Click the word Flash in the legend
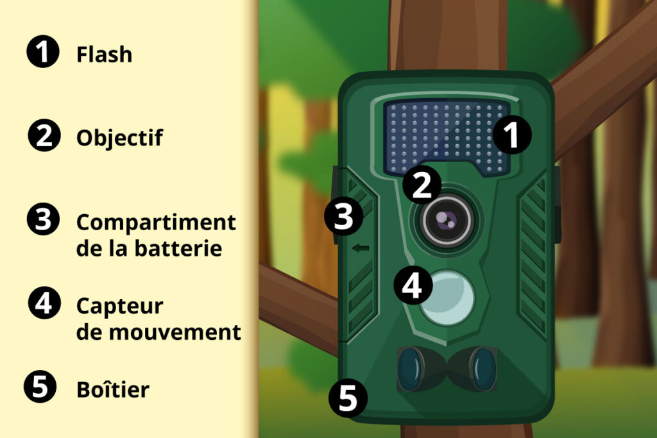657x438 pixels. (x=104, y=55)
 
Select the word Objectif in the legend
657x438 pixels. (x=119, y=138)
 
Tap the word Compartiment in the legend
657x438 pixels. (x=156, y=223)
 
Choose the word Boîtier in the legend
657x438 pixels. (x=113, y=389)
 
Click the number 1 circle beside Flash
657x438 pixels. (x=43, y=51)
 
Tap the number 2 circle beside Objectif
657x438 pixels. (x=44, y=135)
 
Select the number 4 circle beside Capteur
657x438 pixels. (x=44, y=303)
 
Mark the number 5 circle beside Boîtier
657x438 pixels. (x=40, y=387)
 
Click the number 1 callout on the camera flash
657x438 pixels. (x=511, y=135)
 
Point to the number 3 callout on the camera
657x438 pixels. (x=344, y=217)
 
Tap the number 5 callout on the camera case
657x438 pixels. (x=348, y=398)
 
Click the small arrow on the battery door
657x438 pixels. (x=361, y=248)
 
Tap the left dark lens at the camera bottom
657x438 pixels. (x=409, y=369)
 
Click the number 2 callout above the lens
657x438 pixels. (x=422, y=185)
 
